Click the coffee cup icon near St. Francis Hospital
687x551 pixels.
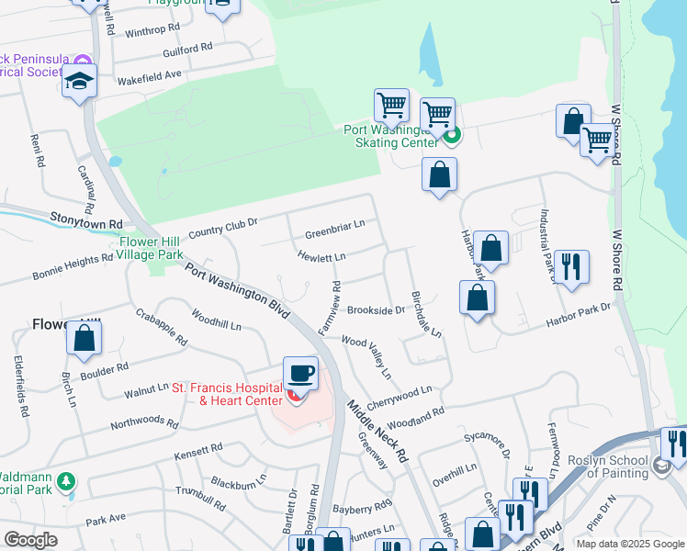coord(300,373)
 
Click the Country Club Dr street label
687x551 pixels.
coord(223,229)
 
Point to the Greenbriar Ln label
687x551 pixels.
coord(334,223)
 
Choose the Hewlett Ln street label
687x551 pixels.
coord(321,257)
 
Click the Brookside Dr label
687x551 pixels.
coord(376,310)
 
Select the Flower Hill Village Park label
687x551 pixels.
coord(151,248)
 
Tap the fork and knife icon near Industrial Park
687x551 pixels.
coord(572,267)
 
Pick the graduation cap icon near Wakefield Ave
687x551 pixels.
coord(80,82)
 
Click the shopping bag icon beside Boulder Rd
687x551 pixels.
coord(84,338)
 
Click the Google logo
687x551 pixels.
coord(31,540)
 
